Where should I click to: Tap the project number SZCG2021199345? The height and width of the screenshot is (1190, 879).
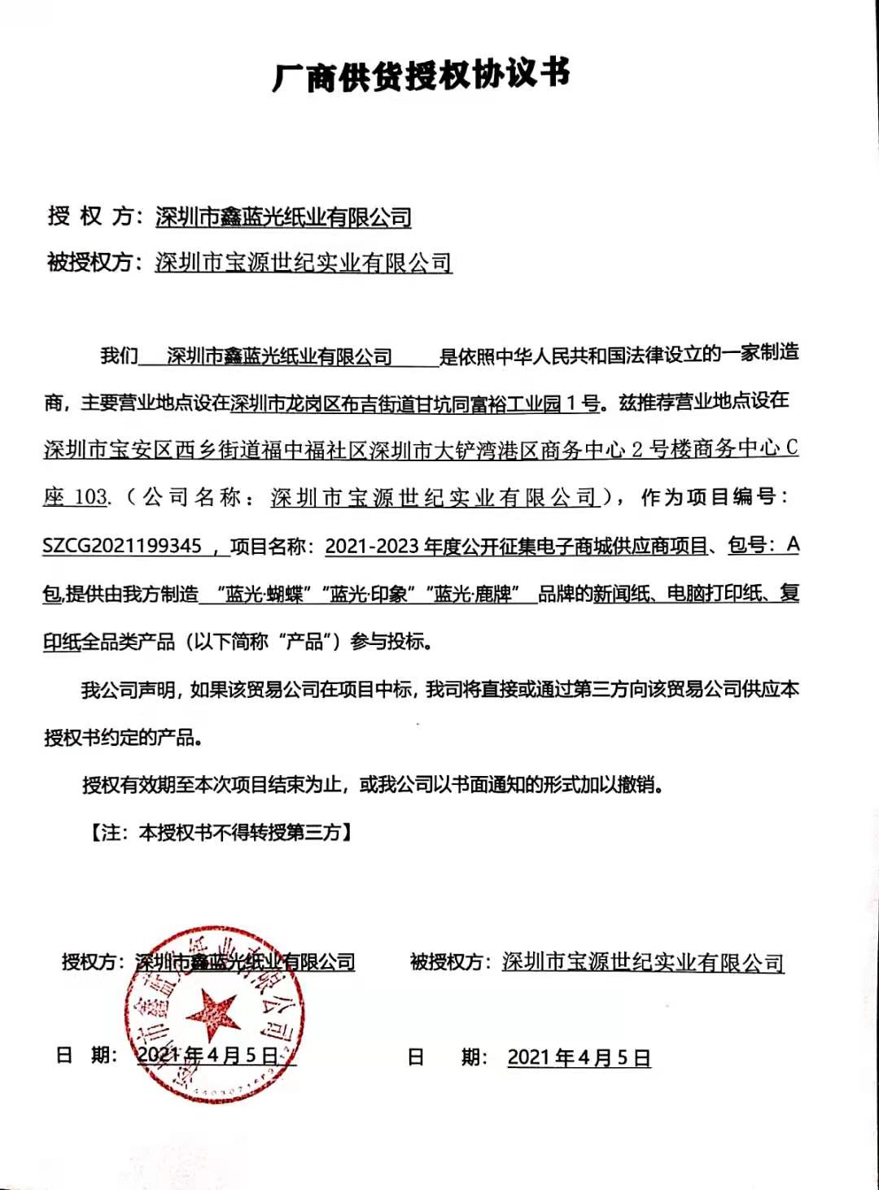point(122,546)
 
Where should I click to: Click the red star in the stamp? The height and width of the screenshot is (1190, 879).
point(214,1013)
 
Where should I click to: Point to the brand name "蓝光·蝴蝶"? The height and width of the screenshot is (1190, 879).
point(263,595)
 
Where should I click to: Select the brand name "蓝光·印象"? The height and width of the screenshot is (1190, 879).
point(368,595)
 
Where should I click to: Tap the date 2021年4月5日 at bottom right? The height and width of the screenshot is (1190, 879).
point(579,1057)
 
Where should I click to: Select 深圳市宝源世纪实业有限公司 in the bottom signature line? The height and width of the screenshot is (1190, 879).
point(643,963)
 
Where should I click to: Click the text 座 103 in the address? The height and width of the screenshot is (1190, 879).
point(75,497)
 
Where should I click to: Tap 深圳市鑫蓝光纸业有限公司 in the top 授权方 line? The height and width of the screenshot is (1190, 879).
point(283,217)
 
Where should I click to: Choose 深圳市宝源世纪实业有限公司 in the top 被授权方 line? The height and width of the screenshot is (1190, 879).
point(304,263)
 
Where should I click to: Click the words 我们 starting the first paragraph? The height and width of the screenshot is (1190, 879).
point(119,355)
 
